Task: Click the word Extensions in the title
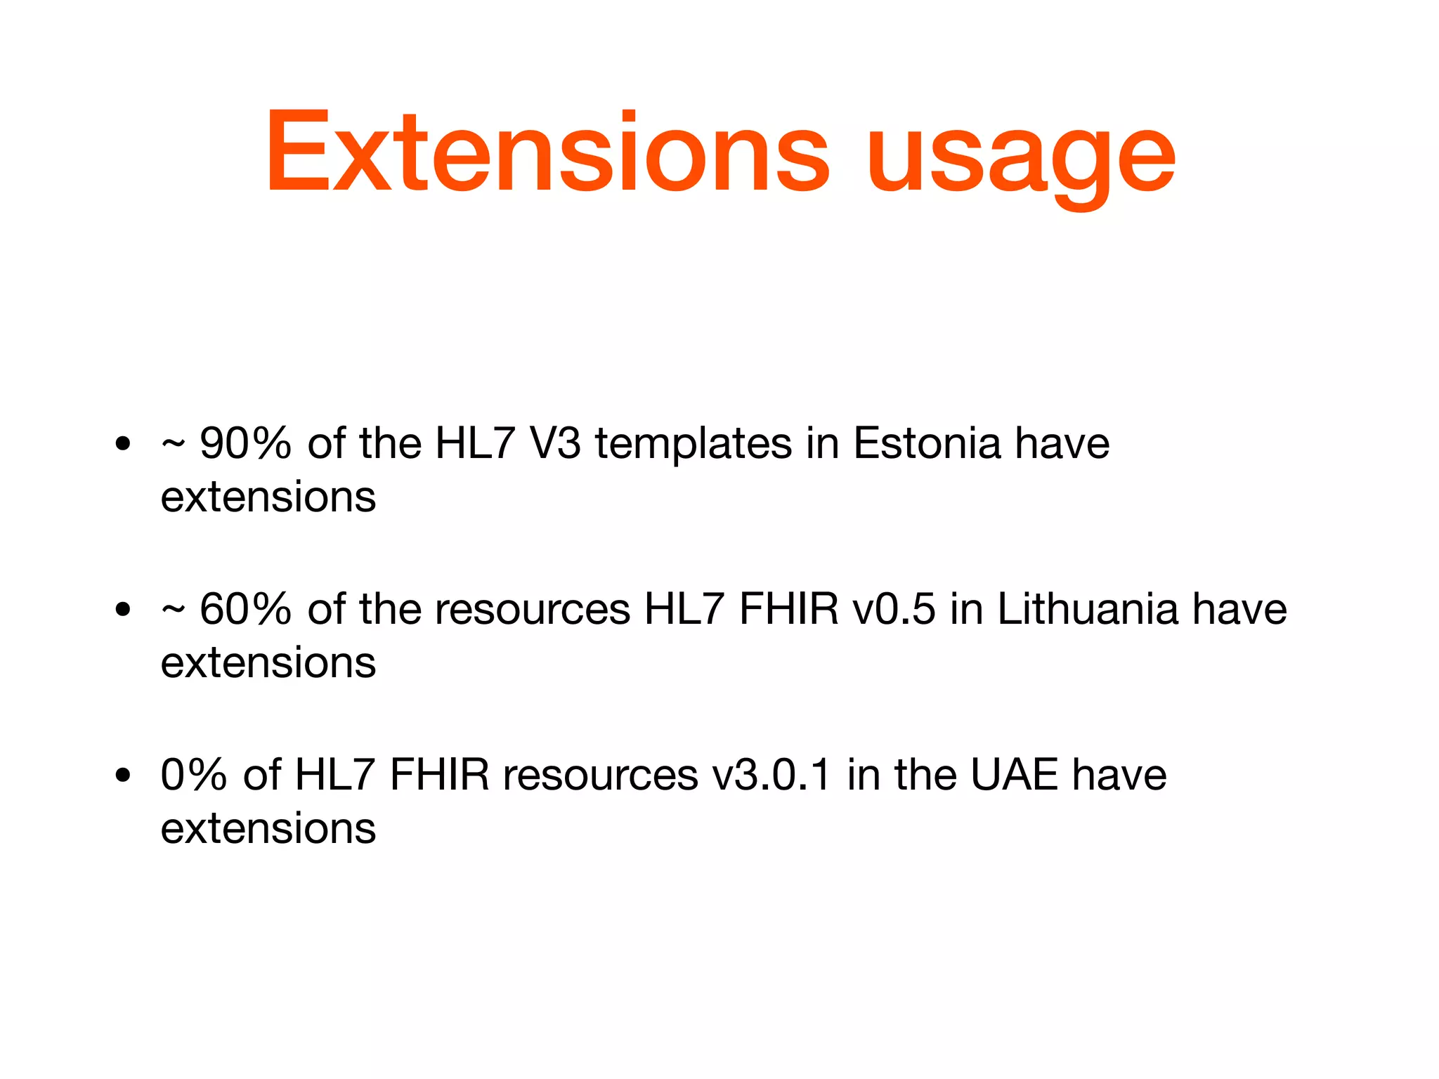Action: click(547, 152)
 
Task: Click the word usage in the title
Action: click(1020, 158)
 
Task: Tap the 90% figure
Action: click(245, 444)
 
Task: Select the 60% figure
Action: click(245, 609)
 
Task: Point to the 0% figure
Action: click(194, 775)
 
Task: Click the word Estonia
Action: click(927, 444)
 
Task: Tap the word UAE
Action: click(1014, 775)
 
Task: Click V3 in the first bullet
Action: click(555, 444)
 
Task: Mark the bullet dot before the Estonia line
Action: click(124, 444)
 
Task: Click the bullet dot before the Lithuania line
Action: click(124, 610)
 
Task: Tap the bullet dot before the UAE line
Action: click(124, 776)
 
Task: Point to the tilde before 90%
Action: click(173, 444)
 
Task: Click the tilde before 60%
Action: click(173, 610)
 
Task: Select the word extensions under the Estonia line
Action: click(268, 497)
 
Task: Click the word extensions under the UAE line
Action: click(268, 829)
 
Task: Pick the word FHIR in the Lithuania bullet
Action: click(788, 609)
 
